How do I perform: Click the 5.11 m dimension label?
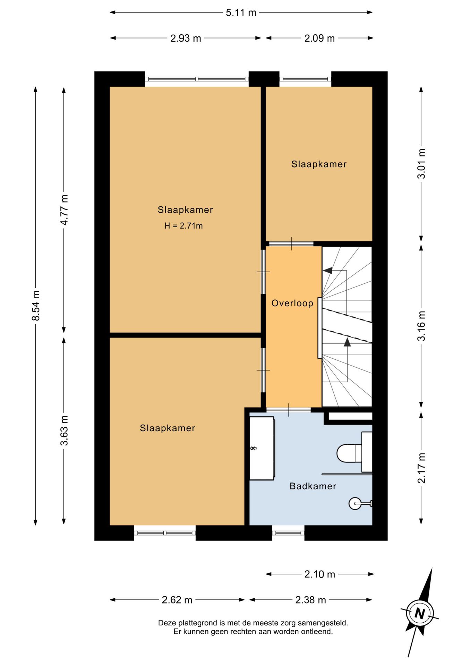click(241, 13)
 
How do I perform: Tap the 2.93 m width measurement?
click(186, 38)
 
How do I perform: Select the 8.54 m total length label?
click(36, 306)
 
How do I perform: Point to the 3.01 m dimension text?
click(421, 163)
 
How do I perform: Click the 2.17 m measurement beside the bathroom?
click(421, 468)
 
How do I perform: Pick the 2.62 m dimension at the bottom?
click(177, 600)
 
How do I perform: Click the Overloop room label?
click(292, 303)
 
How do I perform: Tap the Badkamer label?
click(313, 486)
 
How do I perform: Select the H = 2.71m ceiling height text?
click(183, 226)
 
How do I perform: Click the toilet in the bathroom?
click(354, 452)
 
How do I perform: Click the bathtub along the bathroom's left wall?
click(262, 448)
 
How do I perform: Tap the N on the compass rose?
click(420, 613)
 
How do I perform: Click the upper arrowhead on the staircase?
click(328, 270)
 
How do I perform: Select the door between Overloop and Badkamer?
click(288, 410)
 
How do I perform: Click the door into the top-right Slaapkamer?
click(291, 244)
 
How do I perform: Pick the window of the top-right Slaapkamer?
click(305, 79)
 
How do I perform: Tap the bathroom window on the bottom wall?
click(288, 533)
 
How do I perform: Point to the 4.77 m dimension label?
click(64, 210)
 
